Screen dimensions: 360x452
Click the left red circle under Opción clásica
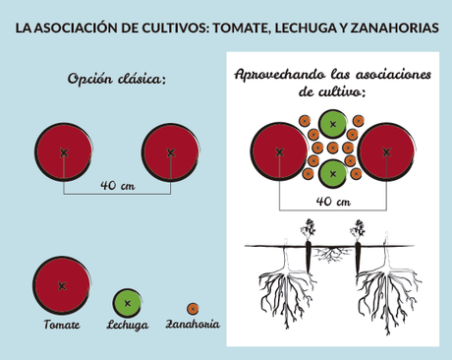tap(65, 152)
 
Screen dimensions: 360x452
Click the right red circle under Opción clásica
tap(171, 152)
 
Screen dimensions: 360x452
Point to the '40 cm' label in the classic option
tap(118, 185)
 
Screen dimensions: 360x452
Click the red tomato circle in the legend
tap(61, 285)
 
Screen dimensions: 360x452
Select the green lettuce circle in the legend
tap(128, 303)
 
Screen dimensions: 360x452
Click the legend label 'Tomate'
tap(61, 324)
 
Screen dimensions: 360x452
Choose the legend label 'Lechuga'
tap(128, 325)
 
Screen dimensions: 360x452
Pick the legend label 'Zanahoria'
tap(193, 324)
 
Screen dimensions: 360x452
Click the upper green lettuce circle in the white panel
tap(333, 124)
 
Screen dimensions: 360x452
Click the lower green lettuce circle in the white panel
tap(333, 174)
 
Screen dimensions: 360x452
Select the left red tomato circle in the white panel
tap(280, 152)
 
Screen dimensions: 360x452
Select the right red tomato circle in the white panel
tap(386, 152)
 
